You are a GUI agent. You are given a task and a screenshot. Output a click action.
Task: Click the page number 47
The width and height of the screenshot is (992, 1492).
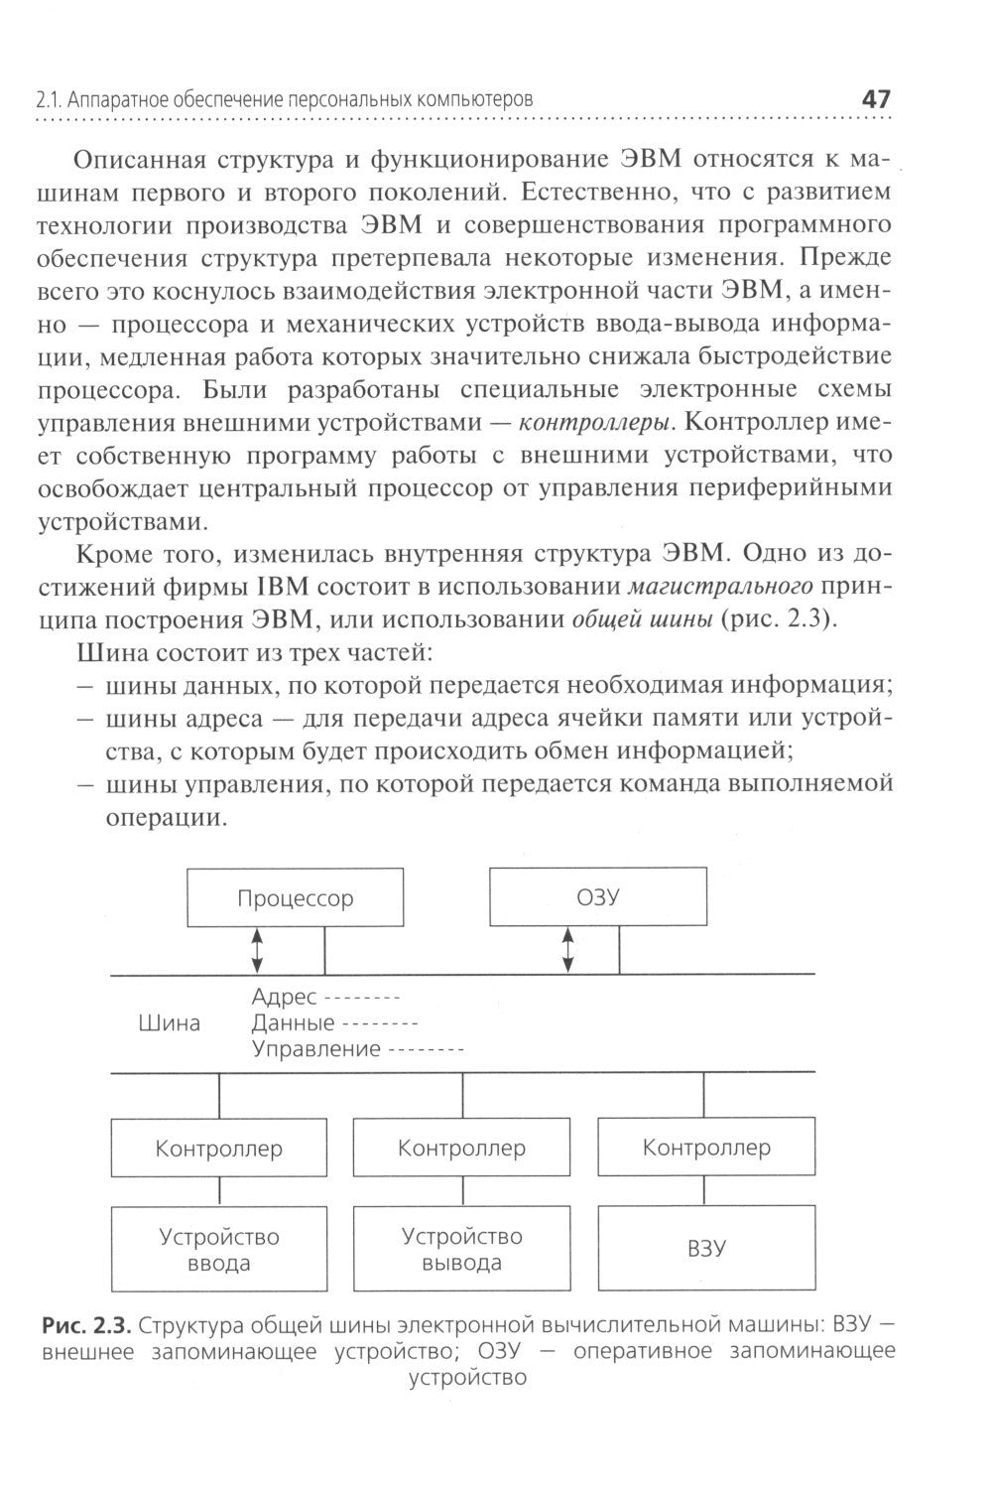pos(876,99)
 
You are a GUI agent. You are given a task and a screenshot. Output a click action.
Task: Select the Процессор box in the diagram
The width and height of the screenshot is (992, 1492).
pos(295,898)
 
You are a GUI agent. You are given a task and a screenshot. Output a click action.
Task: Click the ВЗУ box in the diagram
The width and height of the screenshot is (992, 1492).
pos(706,1248)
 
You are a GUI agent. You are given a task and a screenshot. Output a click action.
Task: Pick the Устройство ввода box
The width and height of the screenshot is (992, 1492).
pos(219,1250)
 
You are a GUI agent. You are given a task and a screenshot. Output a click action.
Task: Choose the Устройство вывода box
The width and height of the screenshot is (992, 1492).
pos(461,1249)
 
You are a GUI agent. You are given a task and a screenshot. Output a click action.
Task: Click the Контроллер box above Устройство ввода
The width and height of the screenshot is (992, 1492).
pos(219,1149)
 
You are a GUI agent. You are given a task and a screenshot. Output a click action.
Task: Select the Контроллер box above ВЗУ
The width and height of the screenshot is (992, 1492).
pos(706,1148)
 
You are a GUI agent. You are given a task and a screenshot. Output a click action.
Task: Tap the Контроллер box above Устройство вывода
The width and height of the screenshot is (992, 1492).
pos(461,1148)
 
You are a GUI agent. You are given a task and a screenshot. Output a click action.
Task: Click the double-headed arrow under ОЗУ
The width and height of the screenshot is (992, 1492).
pos(567,950)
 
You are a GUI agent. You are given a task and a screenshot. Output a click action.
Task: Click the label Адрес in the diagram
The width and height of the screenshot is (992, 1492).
pos(284,997)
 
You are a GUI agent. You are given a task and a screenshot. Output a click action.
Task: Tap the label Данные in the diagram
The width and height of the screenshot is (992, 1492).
pos(293,1022)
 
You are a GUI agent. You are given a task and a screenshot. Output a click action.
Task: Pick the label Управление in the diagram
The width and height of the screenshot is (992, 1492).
pos(315,1048)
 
